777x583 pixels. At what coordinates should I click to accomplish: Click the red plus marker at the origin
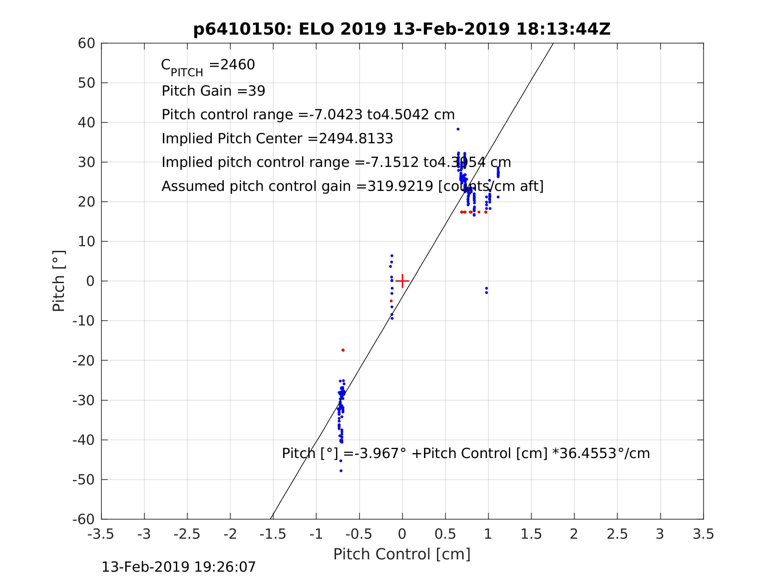[402, 281]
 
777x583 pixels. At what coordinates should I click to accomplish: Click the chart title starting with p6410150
[402, 29]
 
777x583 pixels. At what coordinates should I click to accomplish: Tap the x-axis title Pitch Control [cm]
[402, 554]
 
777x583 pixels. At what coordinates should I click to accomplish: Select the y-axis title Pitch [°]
[59, 281]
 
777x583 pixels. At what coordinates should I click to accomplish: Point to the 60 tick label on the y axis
[86, 44]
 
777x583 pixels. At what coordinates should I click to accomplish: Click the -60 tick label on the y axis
[84, 519]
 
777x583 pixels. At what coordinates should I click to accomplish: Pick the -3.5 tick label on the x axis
[101, 534]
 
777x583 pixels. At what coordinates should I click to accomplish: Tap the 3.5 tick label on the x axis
[703, 534]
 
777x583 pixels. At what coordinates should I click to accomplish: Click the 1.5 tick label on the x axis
[531, 534]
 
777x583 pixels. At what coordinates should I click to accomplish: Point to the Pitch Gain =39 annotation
[213, 91]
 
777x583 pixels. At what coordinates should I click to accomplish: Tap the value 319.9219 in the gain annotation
[400, 186]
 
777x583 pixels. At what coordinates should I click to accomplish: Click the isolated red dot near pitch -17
[343, 350]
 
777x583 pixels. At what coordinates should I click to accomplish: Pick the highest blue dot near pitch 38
[458, 129]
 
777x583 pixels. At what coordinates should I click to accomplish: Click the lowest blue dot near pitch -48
[341, 471]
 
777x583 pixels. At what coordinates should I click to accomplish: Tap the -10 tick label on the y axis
[84, 321]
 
